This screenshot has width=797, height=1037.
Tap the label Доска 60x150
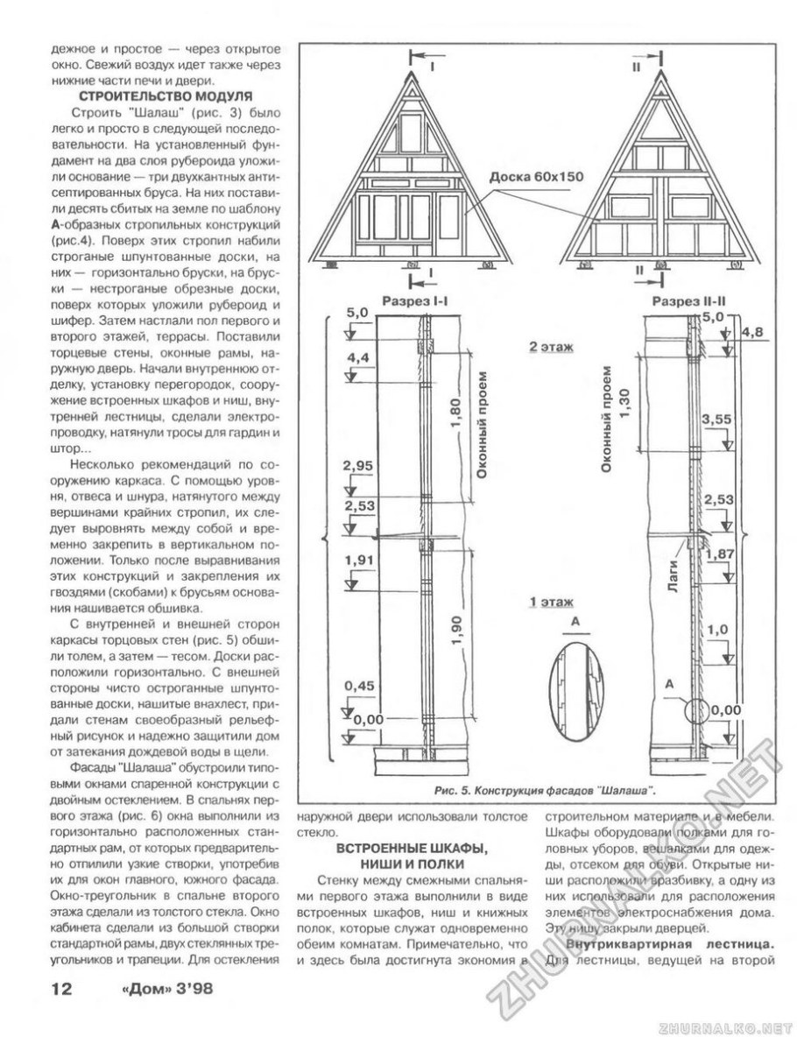[x=535, y=176]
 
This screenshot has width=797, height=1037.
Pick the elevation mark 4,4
[x=357, y=357]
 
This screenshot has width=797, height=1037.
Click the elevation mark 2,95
[x=360, y=465]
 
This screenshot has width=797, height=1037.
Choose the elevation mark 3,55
[x=716, y=420]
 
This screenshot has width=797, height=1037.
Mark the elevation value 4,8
[x=751, y=332]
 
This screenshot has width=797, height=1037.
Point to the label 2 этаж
[x=551, y=347]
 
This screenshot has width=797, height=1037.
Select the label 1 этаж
[x=551, y=603]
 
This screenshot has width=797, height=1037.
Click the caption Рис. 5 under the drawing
[x=546, y=791]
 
